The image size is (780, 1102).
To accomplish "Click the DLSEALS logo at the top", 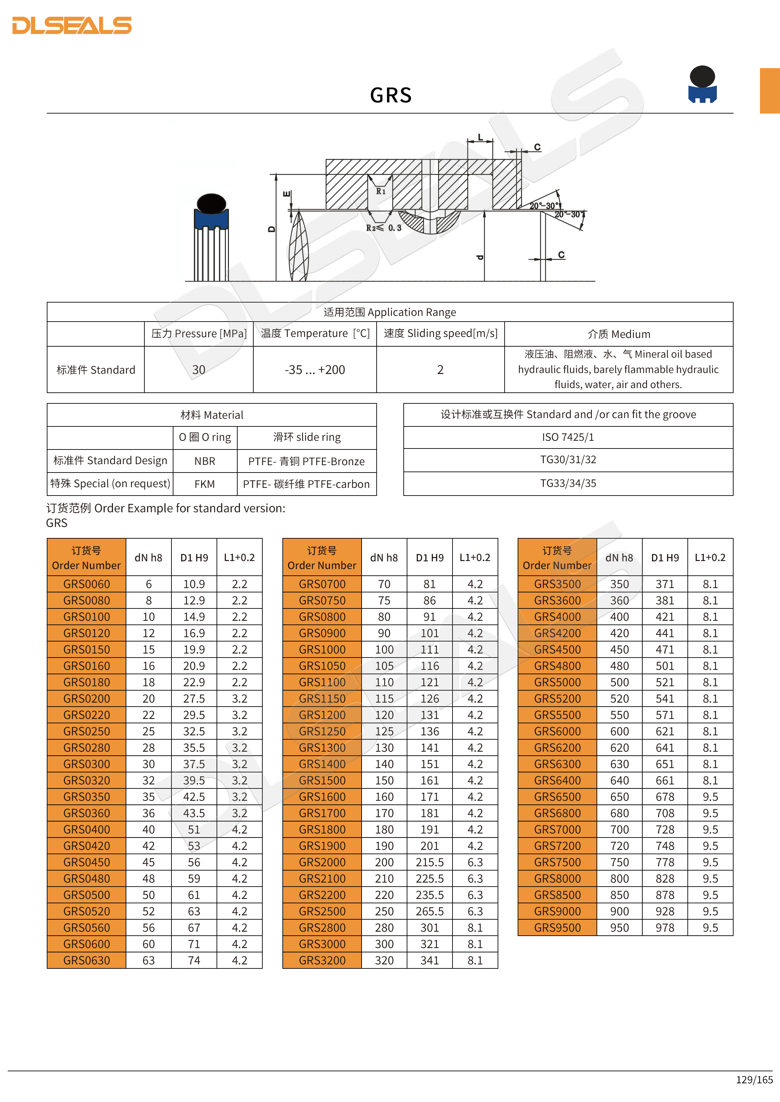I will [x=72, y=25].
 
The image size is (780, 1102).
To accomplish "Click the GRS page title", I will [x=390, y=95].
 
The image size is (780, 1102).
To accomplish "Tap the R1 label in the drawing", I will [x=380, y=191].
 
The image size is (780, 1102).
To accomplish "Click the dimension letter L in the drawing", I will [x=480, y=137].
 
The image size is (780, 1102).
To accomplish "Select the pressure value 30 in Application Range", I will [x=199, y=370].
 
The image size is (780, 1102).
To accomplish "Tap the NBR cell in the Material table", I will [x=205, y=461].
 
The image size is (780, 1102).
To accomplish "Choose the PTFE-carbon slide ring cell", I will [x=306, y=484].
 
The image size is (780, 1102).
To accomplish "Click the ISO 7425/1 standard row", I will [x=568, y=437].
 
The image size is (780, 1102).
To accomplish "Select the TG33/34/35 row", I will [x=568, y=483].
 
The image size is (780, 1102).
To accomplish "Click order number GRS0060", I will [x=87, y=584].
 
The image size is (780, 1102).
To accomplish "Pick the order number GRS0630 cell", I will [x=87, y=960].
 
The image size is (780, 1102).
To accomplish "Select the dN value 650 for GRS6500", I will [x=619, y=797].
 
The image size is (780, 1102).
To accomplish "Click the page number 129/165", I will [x=754, y=1079].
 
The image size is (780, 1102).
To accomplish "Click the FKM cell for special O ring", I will [x=205, y=484].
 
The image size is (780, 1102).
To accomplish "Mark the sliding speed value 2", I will [x=440, y=370].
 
